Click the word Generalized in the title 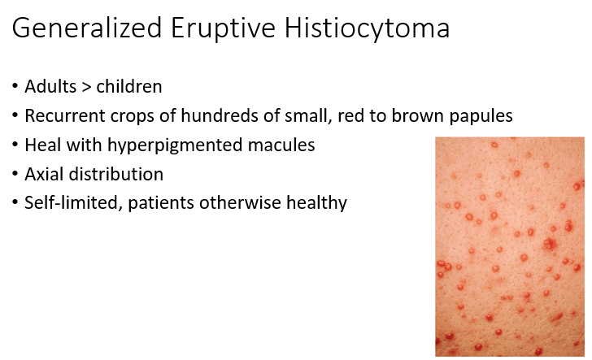tap(87, 28)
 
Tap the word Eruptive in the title tap(223, 28)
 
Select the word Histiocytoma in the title tap(367, 28)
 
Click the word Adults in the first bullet tap(50, 86)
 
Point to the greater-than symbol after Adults tap(86, 87)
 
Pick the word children tap(129, 86)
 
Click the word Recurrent tap(65, 115)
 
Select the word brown tap(417, 115)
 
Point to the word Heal tap(42, 145)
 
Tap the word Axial tap(44, 174)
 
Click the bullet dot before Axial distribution tap(15, 174)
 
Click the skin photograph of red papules tap(510, 247)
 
